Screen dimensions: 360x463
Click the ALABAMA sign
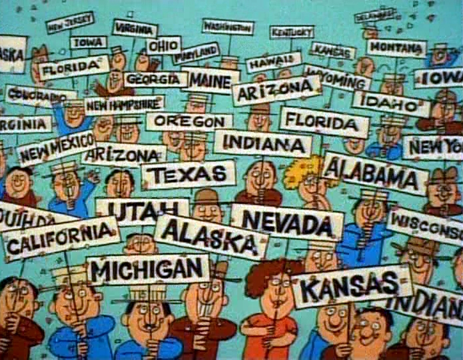[376, 172]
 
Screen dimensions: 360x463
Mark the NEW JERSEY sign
[70, 22]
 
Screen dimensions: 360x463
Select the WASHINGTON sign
[228, 27]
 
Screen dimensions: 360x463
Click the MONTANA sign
[396, 47]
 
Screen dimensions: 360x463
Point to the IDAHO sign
[391, 103]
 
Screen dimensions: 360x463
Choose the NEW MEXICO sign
[56, 148]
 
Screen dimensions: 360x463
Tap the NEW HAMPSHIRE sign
[124, 104]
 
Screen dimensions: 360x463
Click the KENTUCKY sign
[292, 31]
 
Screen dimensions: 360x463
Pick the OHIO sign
[163, 46]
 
